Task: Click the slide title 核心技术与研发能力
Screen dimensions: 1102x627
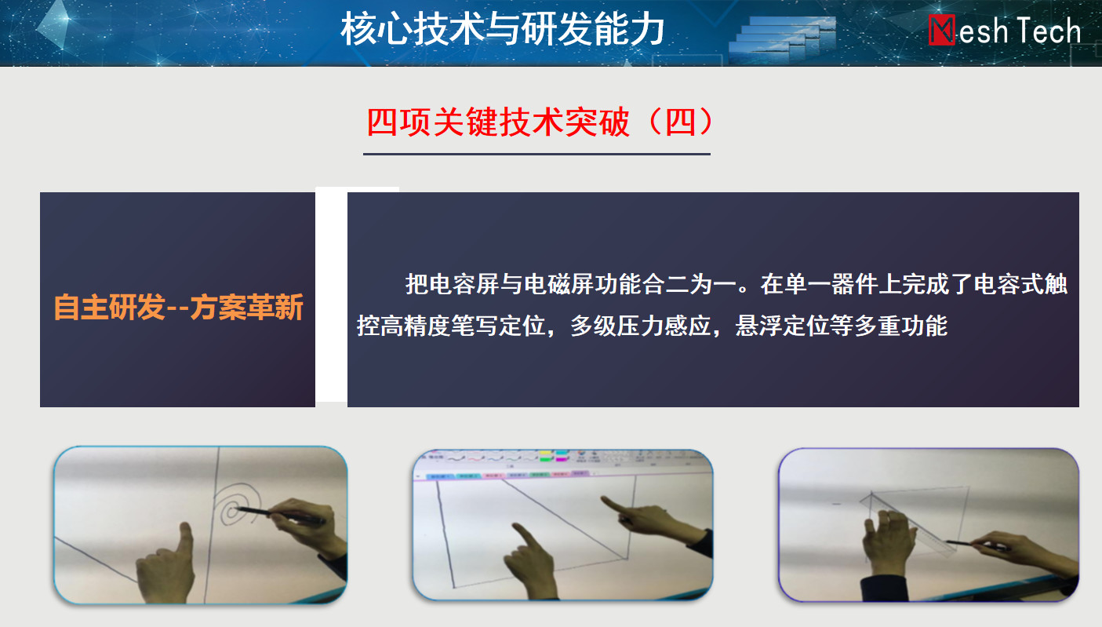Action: (502, 30)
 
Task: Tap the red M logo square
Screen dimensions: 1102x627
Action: (942, 30)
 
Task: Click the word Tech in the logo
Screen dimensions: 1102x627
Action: (1049, 31)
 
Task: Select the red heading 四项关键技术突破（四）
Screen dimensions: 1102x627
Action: (540, 122)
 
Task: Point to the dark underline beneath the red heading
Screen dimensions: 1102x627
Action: (536, 154)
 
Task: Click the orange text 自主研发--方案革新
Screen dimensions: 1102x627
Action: (178, 308)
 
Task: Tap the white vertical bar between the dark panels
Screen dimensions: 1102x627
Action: (331, 295)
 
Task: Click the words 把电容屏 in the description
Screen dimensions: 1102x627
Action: (452, 284)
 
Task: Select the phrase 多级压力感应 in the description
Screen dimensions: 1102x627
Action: (641, 326)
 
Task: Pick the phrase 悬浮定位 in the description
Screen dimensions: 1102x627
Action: (782, 326)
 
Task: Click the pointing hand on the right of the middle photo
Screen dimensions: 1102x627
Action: (654, 522)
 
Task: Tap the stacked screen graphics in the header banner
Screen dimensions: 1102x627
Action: (782, 39)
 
